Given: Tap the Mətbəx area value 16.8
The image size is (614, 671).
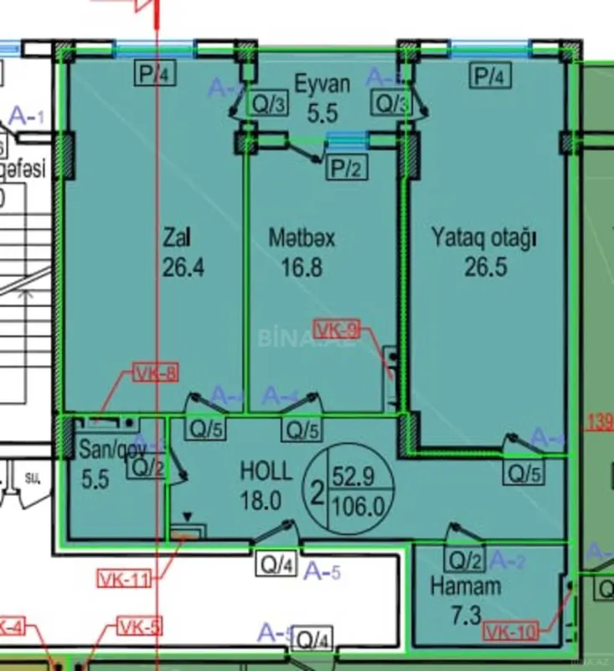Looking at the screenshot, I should pos(302,268).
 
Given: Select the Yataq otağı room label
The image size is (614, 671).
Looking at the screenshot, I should pos(483,237).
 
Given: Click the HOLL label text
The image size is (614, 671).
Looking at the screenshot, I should pos(266,470).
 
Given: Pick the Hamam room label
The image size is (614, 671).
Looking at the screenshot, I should pos(466,585).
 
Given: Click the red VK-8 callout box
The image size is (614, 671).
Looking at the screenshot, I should pos(155,375).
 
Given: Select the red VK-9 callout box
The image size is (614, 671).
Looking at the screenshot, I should pos(337,330).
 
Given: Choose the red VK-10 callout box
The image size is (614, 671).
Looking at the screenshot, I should pos(511,632).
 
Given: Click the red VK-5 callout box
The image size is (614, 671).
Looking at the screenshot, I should pos(140,626).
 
